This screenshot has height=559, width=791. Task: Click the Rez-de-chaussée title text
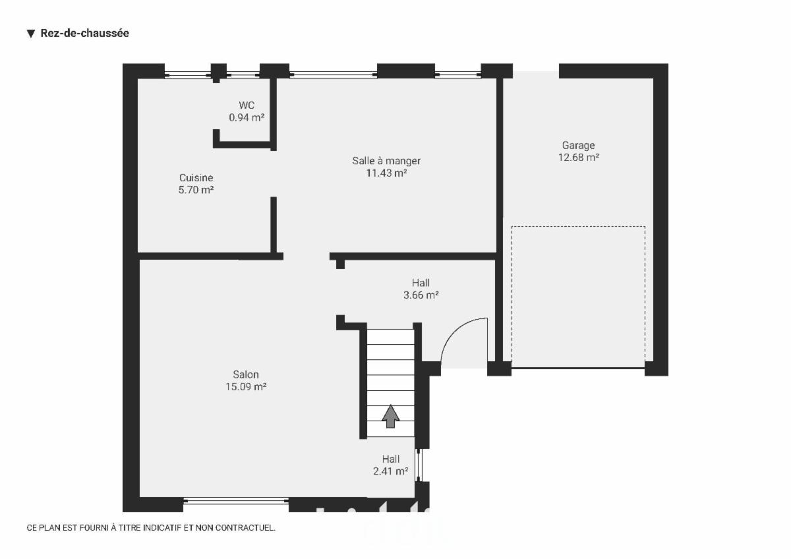85,33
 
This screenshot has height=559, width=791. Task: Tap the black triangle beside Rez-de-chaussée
31,34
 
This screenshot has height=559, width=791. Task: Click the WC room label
247,105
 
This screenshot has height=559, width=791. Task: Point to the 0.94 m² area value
247,117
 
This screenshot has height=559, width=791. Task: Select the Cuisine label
196,177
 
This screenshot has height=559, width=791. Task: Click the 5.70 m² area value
196,190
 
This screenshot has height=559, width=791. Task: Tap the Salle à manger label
386,161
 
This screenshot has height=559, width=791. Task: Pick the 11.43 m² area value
386,173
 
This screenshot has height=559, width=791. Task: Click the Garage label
579,146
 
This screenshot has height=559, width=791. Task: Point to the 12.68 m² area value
579,158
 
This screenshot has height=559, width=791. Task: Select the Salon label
246,374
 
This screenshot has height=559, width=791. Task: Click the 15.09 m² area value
246,387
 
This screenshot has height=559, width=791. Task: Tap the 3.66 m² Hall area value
421,295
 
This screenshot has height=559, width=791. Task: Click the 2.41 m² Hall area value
390,471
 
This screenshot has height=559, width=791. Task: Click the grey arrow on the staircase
390,417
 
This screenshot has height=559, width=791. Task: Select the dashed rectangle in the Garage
579,226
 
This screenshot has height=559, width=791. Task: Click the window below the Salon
236,501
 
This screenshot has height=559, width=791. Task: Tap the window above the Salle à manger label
334,74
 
